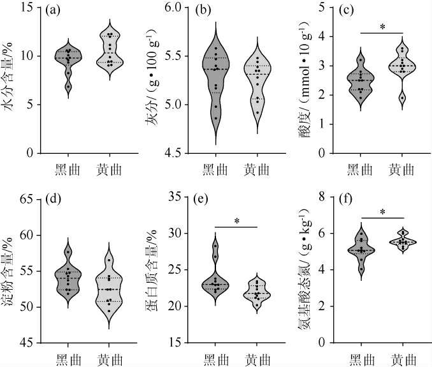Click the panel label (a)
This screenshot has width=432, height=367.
click(54, 11)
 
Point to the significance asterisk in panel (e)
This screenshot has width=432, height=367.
click(236, 221)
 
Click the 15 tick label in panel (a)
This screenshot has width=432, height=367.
click(27, 7)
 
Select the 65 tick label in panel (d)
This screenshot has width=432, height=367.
click(27, 199)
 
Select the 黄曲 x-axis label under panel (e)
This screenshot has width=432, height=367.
click(257, 359)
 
